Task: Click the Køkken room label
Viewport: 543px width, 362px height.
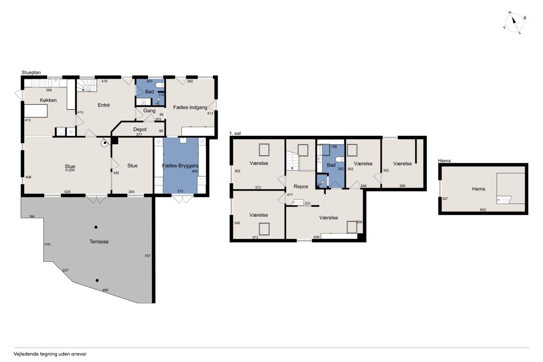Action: pos(48,100)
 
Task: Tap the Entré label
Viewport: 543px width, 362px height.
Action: pos(104,105)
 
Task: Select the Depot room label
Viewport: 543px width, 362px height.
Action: pos(140,129)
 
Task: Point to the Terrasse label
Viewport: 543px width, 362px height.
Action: pos(99,241)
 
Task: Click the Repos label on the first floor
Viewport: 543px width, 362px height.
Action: pos(301,186)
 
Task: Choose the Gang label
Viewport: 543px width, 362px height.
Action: pos(149,111)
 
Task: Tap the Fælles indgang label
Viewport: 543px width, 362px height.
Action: pos(190,107)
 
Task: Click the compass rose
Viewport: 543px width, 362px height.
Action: pos(514,23)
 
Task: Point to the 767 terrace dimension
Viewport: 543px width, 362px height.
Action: pos(147,255)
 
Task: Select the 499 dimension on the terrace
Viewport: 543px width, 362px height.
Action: pos(105,290)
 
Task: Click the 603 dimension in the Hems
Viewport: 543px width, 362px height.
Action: pos(483,210)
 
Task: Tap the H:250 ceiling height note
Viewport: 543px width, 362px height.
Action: pos(70,170)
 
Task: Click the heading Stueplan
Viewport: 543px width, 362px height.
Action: pos(31,73)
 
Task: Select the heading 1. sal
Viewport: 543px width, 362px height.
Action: pos(235,133)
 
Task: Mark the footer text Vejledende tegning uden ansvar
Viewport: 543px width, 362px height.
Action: pos(50,354)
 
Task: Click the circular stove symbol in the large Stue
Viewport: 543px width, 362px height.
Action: pos(104,143)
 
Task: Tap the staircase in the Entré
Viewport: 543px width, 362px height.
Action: pos(87,85)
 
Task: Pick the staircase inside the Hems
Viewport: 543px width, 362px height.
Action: pos(504,200)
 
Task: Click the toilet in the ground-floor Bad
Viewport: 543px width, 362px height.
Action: pos(160,85)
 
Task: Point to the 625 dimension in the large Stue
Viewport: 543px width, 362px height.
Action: pos(67,192)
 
